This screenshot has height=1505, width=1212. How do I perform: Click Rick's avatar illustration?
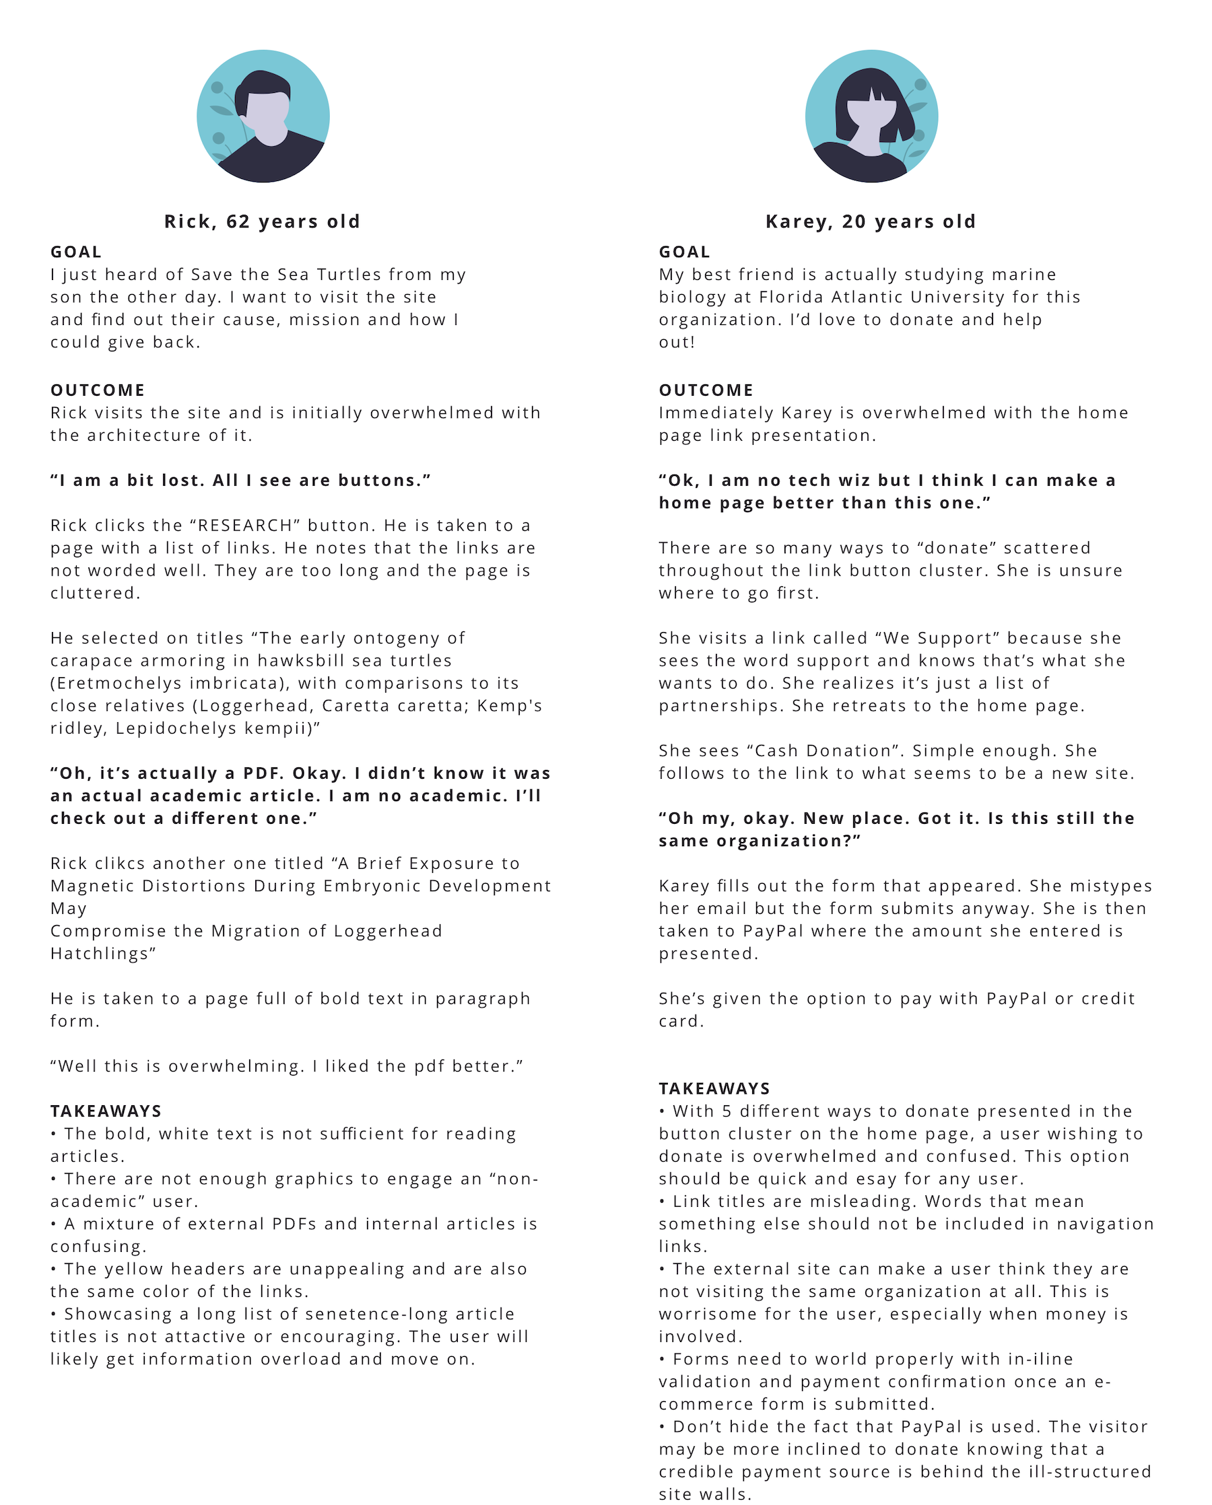click(x=263, y=116)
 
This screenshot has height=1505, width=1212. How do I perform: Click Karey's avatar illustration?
click(x=871, y=116)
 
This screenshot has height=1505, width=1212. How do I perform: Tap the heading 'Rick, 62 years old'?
click(x=262, y=222)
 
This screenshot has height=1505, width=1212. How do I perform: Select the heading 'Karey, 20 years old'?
click(x=871, y=222)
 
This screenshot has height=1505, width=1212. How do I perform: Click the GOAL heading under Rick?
click(x=76, y=252)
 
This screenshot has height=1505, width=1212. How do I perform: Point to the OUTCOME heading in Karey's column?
click(x=706, y=390)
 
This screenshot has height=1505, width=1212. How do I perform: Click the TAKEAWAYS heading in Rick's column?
click(x=106, y=1111)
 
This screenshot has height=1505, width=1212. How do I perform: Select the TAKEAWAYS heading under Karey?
click(x=714, y=1089)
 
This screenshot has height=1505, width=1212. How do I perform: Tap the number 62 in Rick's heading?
click(x=238, y=222)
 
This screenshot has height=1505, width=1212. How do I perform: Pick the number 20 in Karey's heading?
click(x=854, y=222)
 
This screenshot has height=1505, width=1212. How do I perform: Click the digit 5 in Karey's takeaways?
click(x=727, y=1111)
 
